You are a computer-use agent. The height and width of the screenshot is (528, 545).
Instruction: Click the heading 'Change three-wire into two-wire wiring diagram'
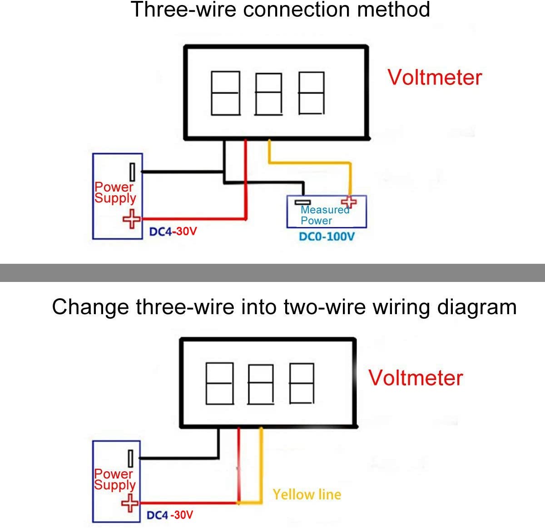tap(284, 307)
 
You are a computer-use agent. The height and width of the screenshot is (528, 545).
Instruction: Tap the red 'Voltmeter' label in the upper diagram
tap(434, 77)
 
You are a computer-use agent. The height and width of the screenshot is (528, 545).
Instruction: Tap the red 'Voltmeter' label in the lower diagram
tap(415, 378)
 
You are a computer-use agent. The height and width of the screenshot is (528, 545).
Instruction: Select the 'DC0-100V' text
tap(327, 237)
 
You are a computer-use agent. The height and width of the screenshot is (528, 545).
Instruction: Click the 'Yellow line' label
tap(307, 494)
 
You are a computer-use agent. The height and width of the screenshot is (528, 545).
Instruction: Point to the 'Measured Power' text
tap(324, 215)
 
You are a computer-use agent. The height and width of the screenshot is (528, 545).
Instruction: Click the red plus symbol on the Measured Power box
tap(349, 202)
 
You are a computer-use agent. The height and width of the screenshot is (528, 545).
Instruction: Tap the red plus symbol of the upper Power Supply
tap(132, 219)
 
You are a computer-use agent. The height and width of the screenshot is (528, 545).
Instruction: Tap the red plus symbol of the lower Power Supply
tap(130, 503)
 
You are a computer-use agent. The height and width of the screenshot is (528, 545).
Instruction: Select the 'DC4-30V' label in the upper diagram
tap(173, 232)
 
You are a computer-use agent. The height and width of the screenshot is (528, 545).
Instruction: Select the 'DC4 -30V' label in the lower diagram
tap(170, 515)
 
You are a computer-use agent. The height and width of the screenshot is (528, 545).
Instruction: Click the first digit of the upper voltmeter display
tap(225, 93)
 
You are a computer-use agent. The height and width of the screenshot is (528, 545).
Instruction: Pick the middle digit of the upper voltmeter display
tap(268, 94)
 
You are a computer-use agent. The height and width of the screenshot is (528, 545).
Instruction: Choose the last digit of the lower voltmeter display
tap(302, 383)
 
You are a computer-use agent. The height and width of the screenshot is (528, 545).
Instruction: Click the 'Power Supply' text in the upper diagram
tap(115, 192)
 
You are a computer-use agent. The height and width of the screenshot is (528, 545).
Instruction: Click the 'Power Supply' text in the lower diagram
tap(114, 479)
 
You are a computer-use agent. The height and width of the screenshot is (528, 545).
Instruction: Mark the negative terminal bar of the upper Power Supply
tap(132, 172)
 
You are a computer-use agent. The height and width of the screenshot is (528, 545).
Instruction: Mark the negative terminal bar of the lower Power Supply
tap(131, 459)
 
